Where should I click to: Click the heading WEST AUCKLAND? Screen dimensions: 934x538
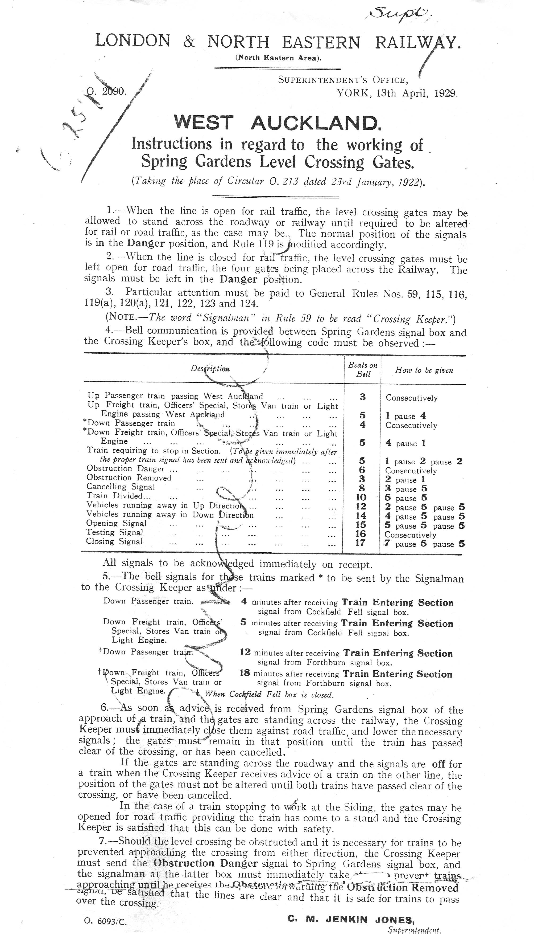(x=278, y=123)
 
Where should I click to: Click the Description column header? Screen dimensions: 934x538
(x=210, y=368)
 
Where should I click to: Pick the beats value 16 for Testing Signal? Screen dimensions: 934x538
(x=360, y=533)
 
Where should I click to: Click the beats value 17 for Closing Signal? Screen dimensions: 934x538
(x=360, y=543)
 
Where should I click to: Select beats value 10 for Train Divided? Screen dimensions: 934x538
(x=361, y=497)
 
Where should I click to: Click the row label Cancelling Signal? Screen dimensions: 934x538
(x=121, y=487)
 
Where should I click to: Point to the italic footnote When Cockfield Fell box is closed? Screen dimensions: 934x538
(x=269, y=694)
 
